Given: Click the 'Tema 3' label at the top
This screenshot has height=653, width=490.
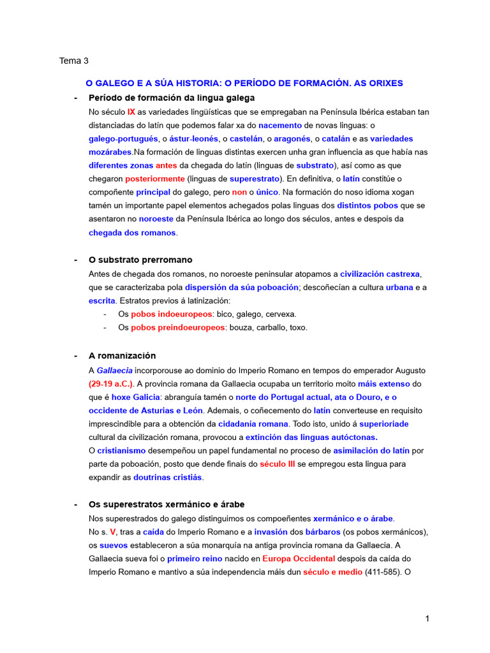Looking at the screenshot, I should (74, 61).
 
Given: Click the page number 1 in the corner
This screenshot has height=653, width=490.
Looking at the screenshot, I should (427, 619).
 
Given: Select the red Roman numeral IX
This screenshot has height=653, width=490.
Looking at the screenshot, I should (131, 112).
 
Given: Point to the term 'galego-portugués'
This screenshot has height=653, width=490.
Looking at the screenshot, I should (123, 138).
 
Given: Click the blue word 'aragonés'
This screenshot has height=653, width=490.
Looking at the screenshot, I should (292, 138).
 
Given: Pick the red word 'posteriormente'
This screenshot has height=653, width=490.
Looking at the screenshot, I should (155, 179).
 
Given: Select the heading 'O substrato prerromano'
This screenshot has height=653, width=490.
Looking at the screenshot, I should (140, 260).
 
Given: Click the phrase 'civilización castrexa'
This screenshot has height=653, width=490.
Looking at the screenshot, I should (380, 274).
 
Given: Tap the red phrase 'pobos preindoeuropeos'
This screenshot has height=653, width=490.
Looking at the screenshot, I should (178, 327).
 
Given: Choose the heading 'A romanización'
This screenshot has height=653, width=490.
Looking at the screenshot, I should (122, 356).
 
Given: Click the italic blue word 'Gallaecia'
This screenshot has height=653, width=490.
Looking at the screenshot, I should (115, 370).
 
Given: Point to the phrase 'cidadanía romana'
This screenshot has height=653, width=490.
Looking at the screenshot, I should (253, 423).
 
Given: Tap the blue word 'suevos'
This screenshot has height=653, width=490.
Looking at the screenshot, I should (113, 545).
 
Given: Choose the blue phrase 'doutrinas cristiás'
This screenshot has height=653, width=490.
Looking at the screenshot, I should (167, 477).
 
